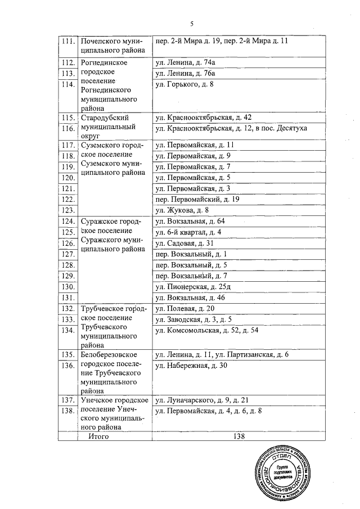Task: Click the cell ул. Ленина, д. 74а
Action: coord(186,63)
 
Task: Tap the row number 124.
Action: coord(67,222)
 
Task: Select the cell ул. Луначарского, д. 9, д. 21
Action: coord(201,400)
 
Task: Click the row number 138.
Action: coord(67,412)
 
